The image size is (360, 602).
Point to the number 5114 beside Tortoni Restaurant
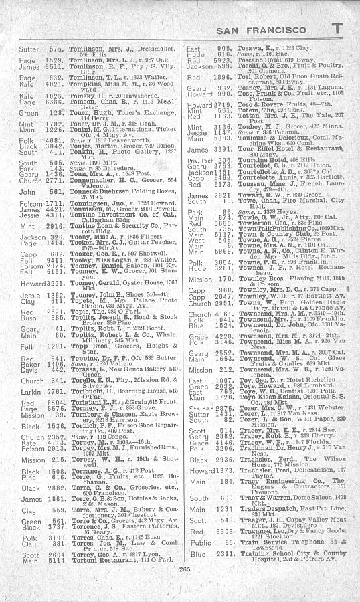click(x=54, y=579)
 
